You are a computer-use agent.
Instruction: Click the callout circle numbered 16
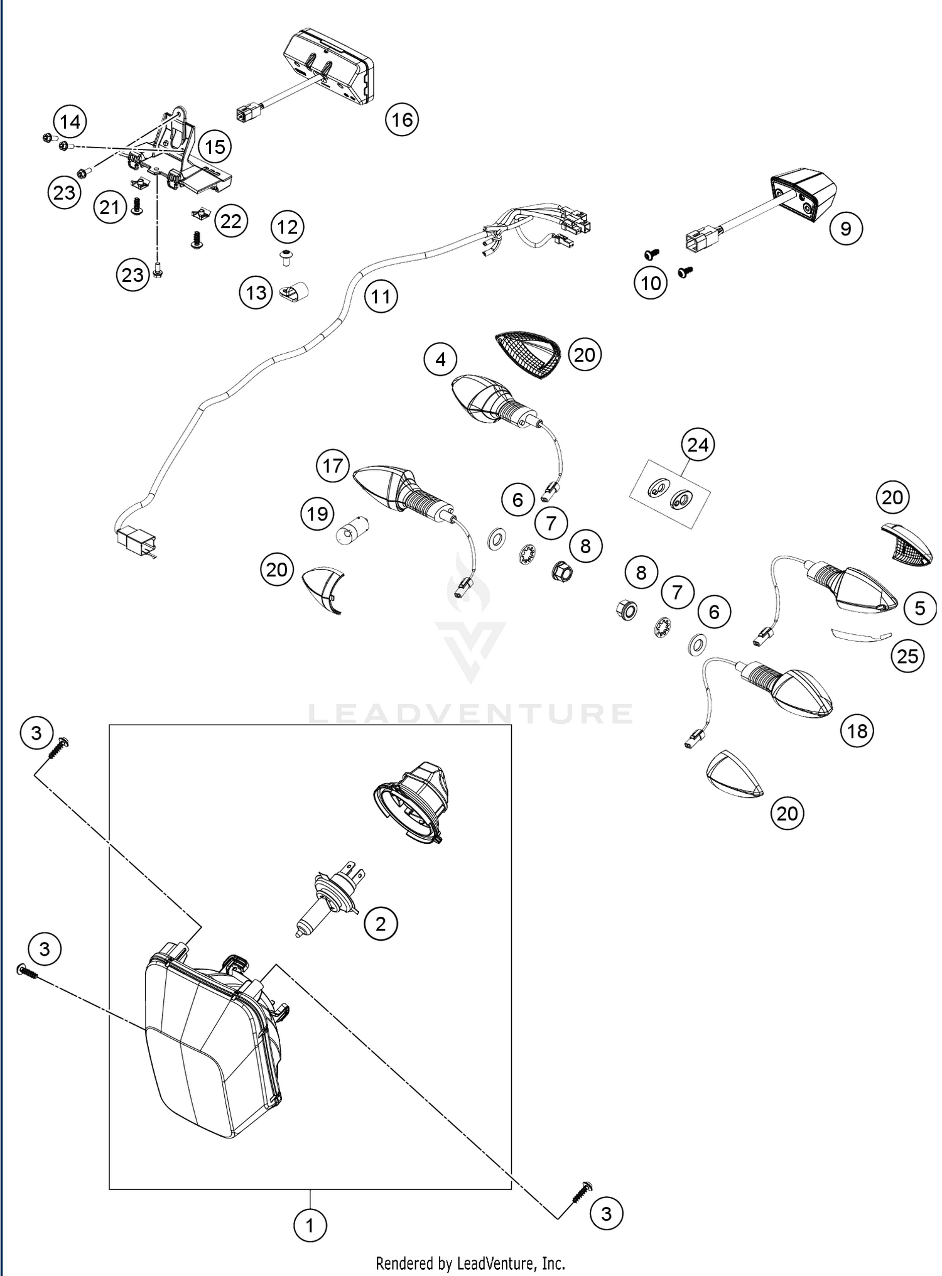[x=402, y=119]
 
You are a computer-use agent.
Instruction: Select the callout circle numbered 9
[x=845, y=229]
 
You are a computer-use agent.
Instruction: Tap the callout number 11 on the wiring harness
[x=381, y=296]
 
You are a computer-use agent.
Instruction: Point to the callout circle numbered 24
[x=698, y=445]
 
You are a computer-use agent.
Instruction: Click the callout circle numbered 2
[x=380, y=924]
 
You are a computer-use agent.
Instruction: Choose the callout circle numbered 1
[x=310, y=1225]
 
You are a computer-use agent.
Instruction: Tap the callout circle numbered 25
[x=907, y=656]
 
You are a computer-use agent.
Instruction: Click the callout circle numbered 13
[x=256, y=293]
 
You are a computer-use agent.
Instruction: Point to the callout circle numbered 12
[x=288, y=227]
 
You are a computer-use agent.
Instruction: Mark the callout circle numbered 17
[x=333, y=466]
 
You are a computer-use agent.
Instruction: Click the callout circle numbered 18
[x=857, y=731]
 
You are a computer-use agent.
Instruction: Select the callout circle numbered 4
[x=440, y=359]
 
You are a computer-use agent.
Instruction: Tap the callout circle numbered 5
[x=920, y=608]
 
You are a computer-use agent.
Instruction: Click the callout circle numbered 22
[x=231, y=221]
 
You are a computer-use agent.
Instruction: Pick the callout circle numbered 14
[x=70, y=122]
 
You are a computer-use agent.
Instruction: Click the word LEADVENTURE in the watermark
[x=471, y=714]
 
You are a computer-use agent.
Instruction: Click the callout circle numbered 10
[x=651, y=283]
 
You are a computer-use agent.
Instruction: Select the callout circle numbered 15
[x=215, y=148]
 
